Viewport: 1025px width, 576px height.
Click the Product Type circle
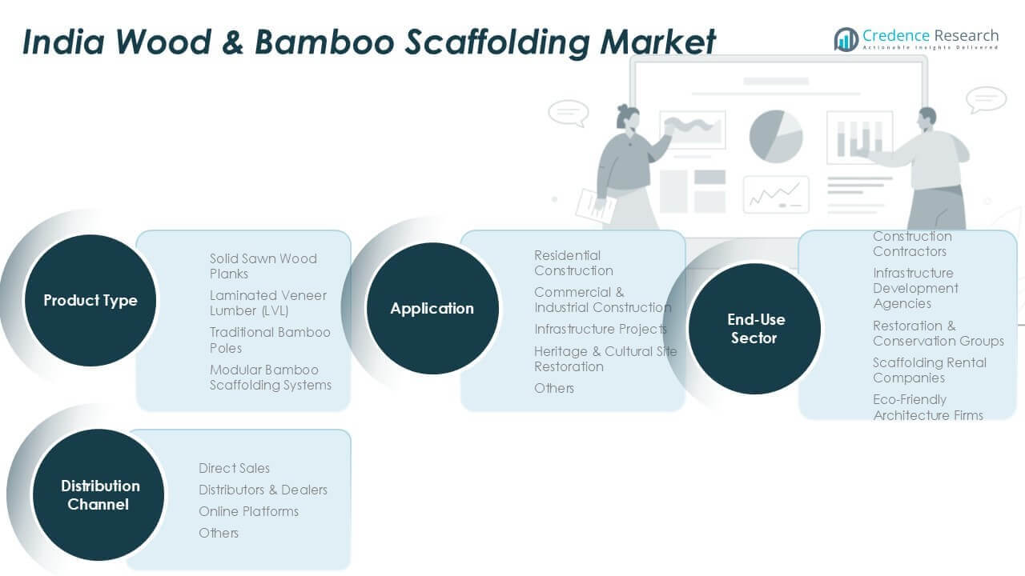[90, 301]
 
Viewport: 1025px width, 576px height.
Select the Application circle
[432, 308]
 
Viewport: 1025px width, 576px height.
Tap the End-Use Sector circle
[755, 329]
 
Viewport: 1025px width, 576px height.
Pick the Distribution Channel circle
[99, 494]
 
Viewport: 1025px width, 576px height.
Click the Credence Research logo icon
[846, 39]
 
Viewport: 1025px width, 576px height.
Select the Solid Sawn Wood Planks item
[263, 266]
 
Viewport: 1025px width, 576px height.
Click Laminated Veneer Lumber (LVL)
[268, 302]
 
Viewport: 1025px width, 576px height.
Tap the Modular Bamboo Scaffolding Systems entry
[270, 377]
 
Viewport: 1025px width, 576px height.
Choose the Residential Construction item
[573, 262]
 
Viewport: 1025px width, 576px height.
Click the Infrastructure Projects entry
[600, 329]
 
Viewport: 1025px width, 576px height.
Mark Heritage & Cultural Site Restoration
[605, 358]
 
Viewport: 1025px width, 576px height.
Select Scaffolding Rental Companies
[929, 370]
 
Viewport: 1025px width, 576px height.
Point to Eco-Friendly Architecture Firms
[927, 406]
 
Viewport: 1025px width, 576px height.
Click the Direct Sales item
[234, 468]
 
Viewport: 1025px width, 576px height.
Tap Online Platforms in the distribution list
[248, 511]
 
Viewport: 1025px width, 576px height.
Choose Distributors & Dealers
[263, 490]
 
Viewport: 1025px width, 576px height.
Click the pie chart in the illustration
[775, 136]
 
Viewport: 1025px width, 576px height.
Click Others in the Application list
[554, 388]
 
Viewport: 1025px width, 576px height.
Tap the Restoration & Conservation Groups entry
[938, 333]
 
